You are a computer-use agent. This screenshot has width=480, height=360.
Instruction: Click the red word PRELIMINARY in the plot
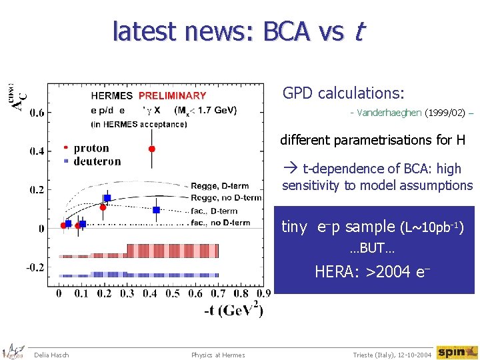click(172, 96)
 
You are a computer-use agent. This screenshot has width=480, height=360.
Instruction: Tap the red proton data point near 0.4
click(152, 148)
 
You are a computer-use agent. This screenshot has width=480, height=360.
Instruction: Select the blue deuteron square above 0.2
click(107, 198)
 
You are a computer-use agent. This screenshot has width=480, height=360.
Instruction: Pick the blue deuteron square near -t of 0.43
click(156, 210)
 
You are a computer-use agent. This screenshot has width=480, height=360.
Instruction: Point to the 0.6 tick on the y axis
click(37, 113)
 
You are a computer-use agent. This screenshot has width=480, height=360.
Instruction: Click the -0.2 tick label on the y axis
click(35, 267)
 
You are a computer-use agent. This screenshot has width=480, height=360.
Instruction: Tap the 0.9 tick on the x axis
click(263, 293)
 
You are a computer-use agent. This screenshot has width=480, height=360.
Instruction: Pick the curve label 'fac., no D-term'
click(221, 222)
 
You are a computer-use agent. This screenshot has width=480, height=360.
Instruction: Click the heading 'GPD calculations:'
click(343, 93)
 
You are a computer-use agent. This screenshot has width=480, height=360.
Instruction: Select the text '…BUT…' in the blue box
click(372, 249)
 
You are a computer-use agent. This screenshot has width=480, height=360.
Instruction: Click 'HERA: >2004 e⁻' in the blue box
click(372, 271)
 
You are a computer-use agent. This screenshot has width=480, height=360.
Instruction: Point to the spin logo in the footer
click(457, 352)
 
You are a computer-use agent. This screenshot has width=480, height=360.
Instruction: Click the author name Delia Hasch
click(51, 355)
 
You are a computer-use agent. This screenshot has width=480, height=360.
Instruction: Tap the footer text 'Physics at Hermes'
click(218, 355)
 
